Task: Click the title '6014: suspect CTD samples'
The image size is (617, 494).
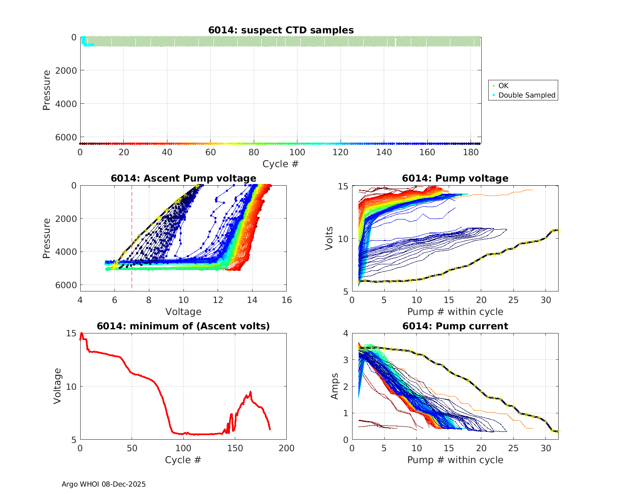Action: point(281,30)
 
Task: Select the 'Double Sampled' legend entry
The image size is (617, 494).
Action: point(527,95)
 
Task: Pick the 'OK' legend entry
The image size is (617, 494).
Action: point(503,86)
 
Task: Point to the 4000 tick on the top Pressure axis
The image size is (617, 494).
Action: point(65,104)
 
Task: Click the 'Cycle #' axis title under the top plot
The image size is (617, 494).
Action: point(281,164)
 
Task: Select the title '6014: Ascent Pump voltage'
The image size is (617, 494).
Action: point(183,178)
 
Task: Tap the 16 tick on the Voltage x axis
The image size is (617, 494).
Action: point(286,300)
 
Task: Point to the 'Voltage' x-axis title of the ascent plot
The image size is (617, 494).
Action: point(183,312)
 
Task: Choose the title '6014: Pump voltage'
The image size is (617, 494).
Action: point(455,178)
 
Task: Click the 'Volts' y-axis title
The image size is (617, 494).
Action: point(329,238)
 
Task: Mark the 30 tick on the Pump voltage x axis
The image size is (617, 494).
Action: point(545,300)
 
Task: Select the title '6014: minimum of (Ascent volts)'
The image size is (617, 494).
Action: point(183,326)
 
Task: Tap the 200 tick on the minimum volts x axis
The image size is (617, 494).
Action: point(286,448)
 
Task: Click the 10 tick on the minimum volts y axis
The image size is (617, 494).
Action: point(71,387)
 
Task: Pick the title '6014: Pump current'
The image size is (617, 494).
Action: point(455,326)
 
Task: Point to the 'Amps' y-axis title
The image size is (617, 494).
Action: point(335,386)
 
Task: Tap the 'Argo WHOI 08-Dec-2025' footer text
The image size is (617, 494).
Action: point(104,484)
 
